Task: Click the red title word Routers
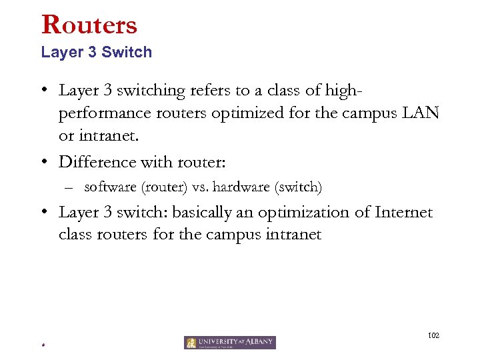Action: pos(89,25)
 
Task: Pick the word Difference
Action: pos(97,162)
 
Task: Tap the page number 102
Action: pos(433,336)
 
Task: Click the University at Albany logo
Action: pos(230,343)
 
